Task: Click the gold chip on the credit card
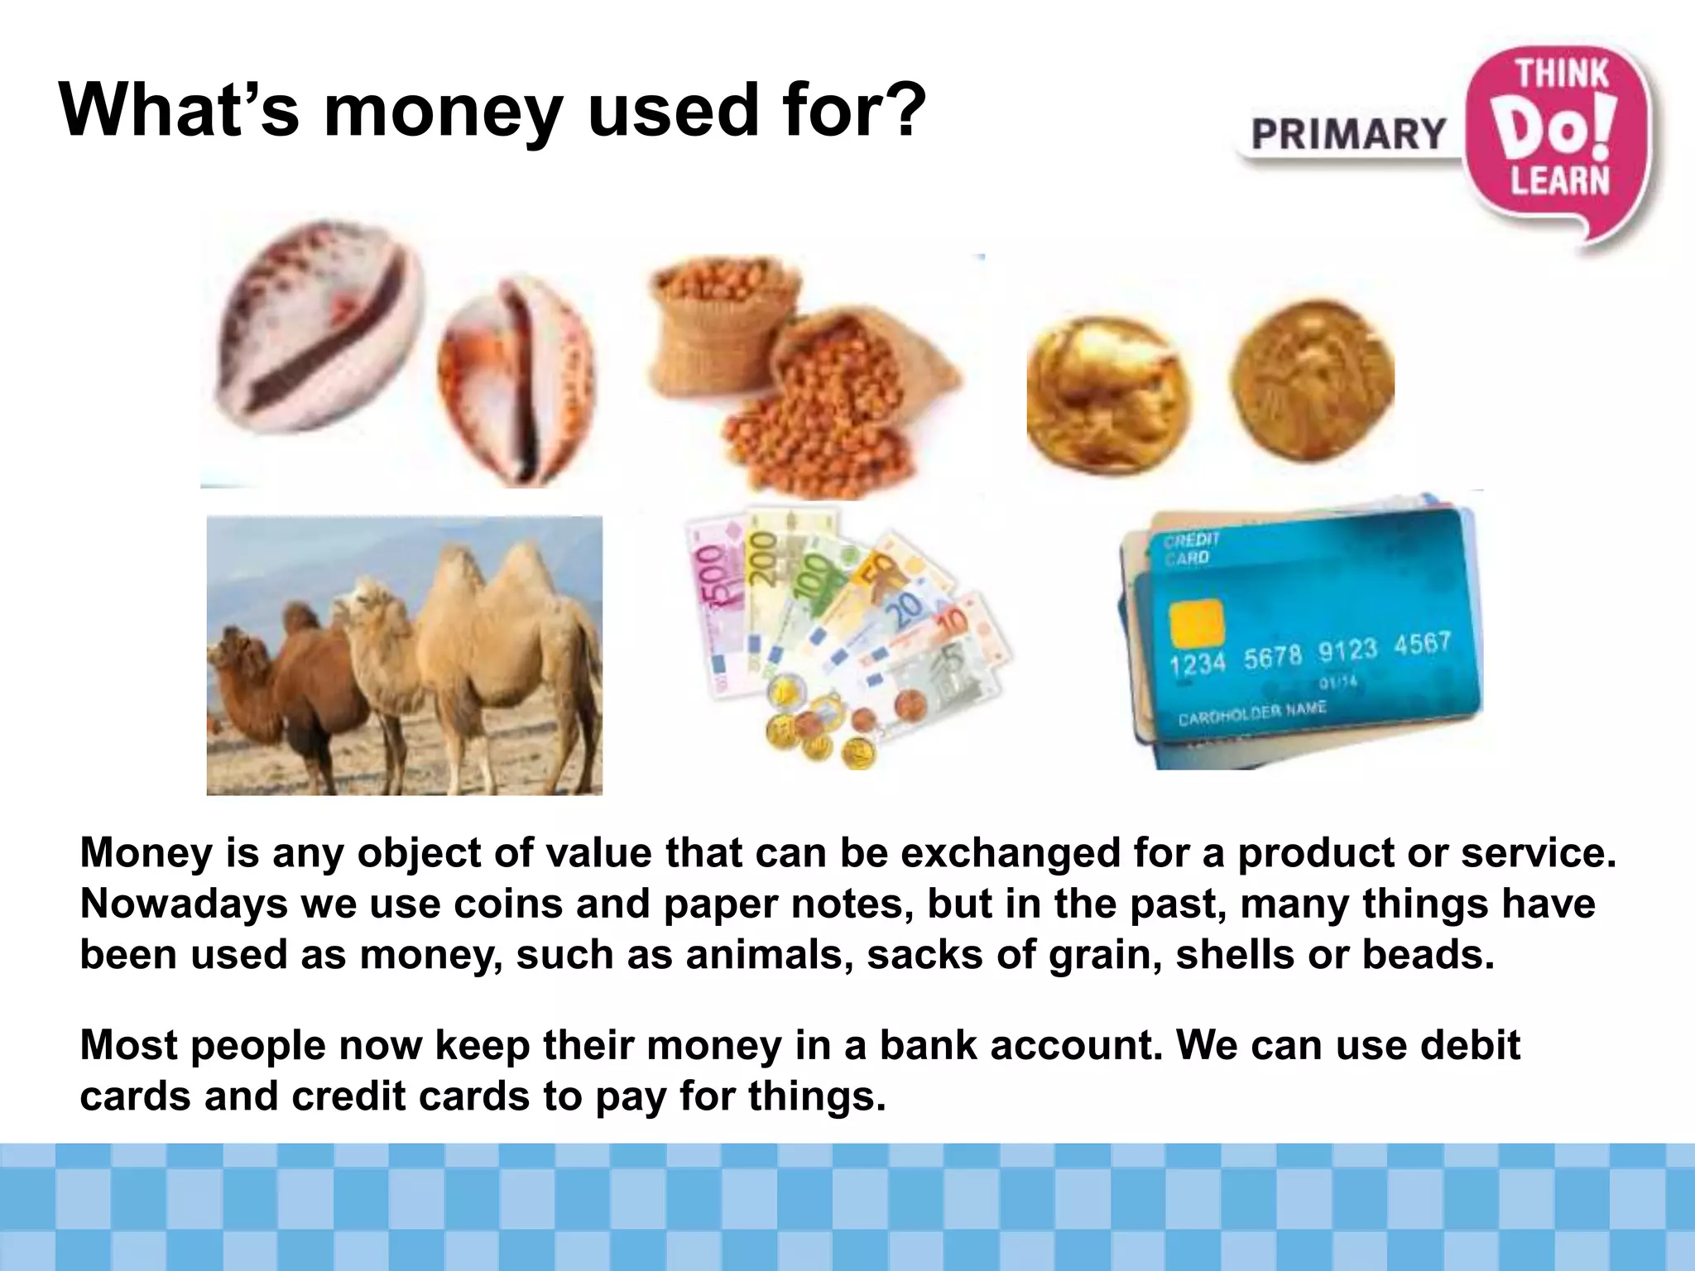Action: coord(1195,622)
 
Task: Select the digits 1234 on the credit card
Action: coord(1197,663)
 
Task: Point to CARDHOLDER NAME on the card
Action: coord(1251,712)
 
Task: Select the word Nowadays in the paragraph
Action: coord(183,904)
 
